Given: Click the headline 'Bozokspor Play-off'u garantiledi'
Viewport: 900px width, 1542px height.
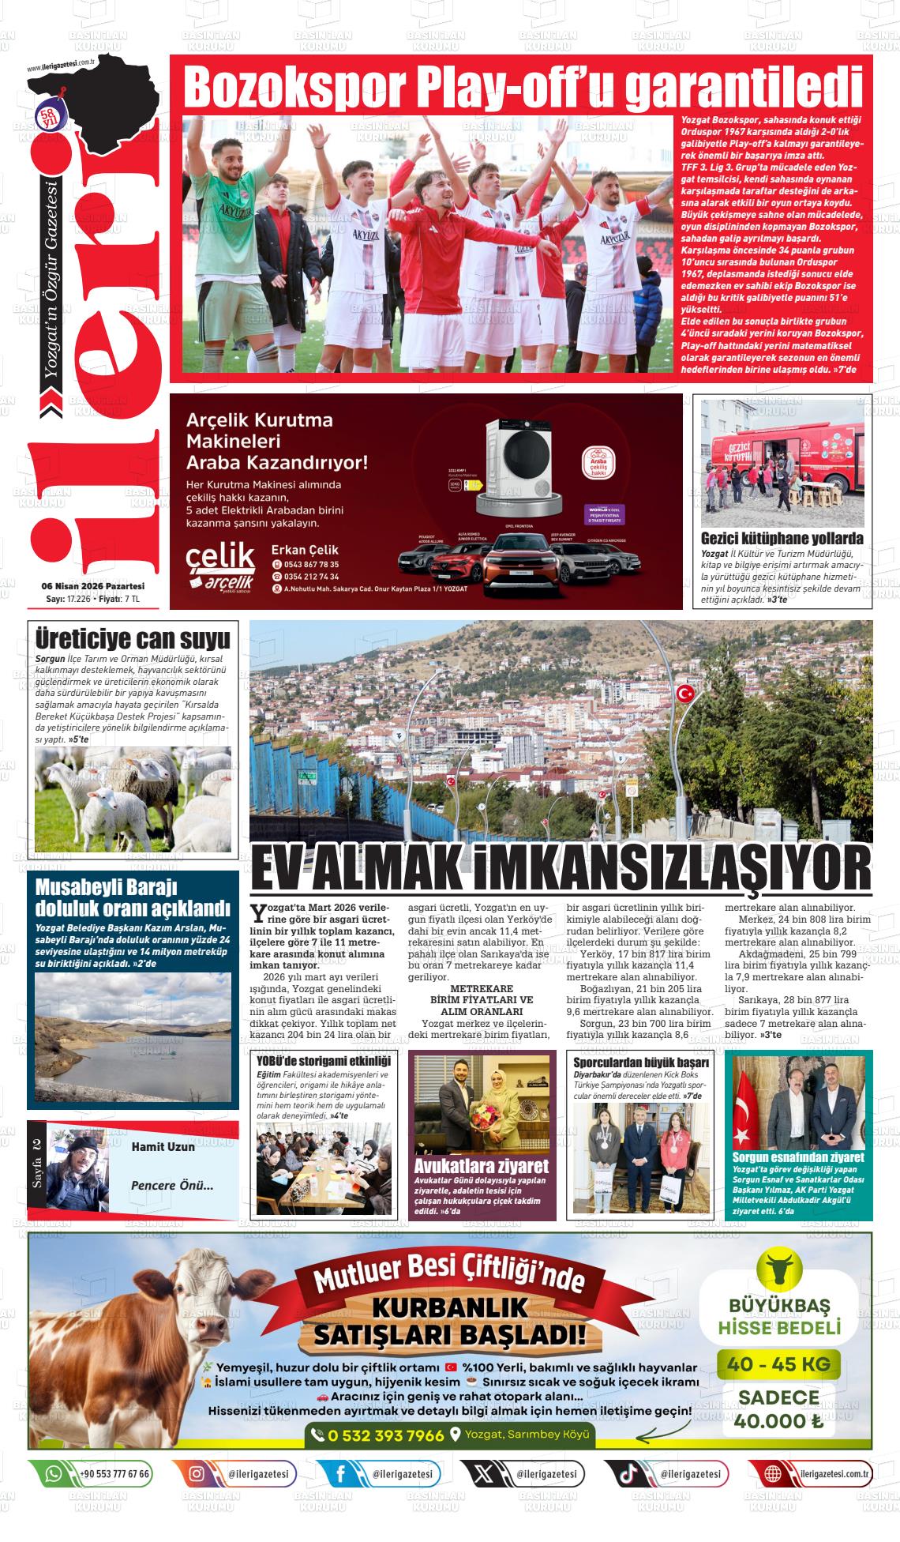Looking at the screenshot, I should click(x=521, y=87).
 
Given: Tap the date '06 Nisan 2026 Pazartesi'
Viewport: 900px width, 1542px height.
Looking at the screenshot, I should click(x=93, y=586).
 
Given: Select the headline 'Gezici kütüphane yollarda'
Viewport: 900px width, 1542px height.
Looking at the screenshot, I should click(x=782, y=538).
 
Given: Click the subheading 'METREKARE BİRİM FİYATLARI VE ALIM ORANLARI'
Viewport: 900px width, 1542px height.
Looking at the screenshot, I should click(x=482, y=999).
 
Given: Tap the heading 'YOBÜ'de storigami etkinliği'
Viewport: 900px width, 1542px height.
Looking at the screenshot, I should click(x=324, y=1060).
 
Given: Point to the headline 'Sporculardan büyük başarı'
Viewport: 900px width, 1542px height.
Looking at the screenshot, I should click(x=641, y=1062).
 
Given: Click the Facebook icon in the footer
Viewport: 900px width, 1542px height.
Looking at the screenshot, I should click(x=341, y=1474).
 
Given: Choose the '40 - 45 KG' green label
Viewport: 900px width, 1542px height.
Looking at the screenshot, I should click(x=778, y=1363).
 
